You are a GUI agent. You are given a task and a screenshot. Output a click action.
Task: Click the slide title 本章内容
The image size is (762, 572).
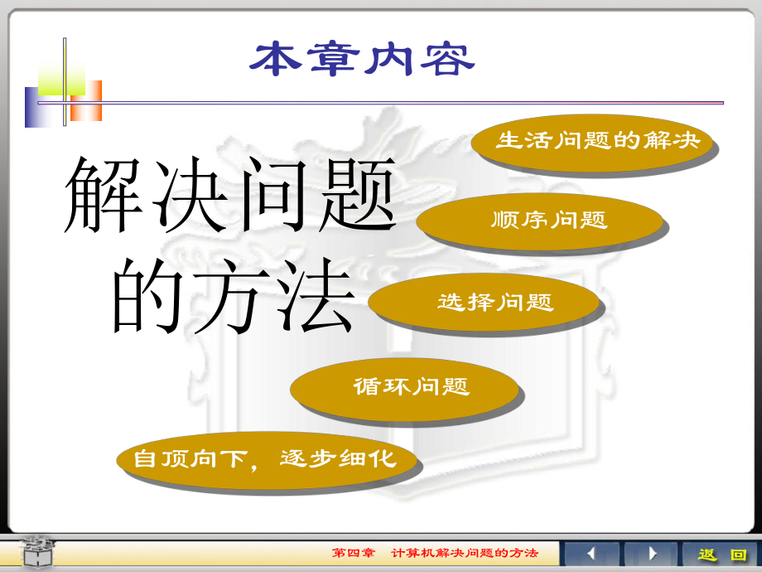coord(363,60)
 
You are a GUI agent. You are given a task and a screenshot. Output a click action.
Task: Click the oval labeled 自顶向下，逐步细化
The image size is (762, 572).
coord(265,458)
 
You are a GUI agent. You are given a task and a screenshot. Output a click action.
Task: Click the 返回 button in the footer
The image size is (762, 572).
coord(721,555)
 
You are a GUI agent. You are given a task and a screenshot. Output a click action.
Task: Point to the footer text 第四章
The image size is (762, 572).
coord(353,554)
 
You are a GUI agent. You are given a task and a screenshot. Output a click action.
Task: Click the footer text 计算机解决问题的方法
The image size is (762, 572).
coord(464,554)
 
